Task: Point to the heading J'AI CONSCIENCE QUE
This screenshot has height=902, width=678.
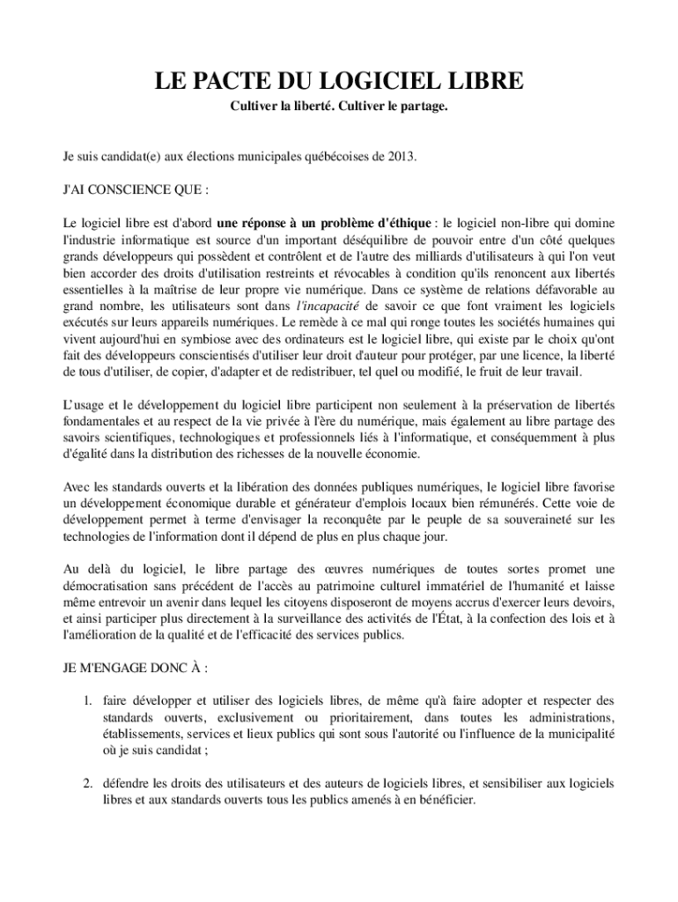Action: point(135,189)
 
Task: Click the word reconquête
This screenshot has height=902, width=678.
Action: point(363,520)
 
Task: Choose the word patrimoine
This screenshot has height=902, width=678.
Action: point(385,586)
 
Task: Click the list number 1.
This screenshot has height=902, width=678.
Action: point(88,701)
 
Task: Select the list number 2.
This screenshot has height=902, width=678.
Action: point(88,783)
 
